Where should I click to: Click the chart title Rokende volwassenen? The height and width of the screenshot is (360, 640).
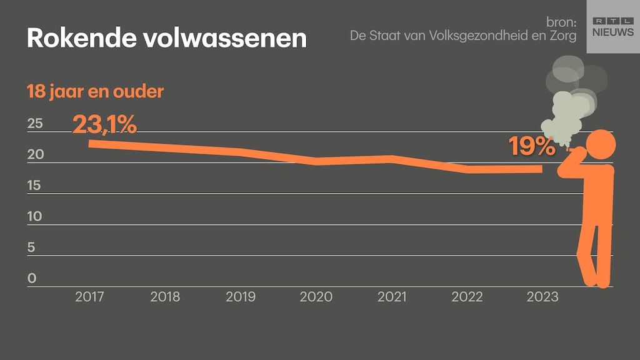(x=166, y=39)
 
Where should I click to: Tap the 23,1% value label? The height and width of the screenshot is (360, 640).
(x=104, y=124)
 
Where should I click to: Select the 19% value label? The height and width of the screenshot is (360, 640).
(x=531, y=147)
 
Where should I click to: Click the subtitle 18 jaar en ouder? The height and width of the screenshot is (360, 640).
(x=95, y=92)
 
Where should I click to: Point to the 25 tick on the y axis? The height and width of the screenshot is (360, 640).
(x=35, y=123)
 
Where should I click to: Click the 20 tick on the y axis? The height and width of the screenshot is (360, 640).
(x=35, y=154)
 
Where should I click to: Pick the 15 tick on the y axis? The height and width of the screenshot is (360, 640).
(x=35, y=186)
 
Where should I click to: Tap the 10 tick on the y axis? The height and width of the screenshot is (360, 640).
(x=35, y=216)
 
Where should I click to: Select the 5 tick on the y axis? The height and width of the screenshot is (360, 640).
(x=31, y=247)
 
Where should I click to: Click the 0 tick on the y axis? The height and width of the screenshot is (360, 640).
(x=32, y=278)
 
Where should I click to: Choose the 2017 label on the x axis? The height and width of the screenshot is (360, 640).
(x=89, y=297)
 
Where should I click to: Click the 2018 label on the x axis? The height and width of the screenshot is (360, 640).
(x=165, y=297)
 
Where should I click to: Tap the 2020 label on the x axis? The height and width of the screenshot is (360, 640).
(x=316, y=297)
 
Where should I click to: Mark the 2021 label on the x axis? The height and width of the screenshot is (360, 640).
(x=392, y=297)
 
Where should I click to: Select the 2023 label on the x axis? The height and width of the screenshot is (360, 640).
(x=542, y=297)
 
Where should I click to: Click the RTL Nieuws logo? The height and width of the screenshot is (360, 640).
(x=612, y=26)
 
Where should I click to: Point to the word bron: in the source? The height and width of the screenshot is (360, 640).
(x=561, y=22)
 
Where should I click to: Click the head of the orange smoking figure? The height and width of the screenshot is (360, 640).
(x=602, y=145)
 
